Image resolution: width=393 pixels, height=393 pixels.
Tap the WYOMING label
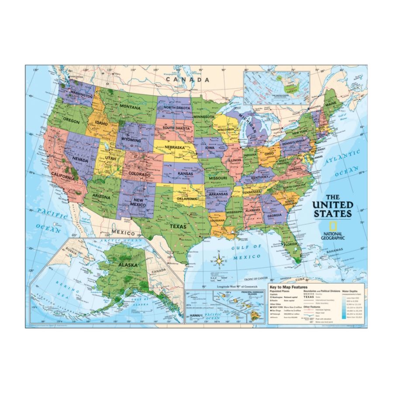pyautogui.click(x=131, y=140)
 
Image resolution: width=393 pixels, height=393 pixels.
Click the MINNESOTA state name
pyautogui.click(x=204, y=117)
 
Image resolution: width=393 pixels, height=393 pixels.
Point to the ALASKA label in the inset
pyautogui.click(x=126, y=265)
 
